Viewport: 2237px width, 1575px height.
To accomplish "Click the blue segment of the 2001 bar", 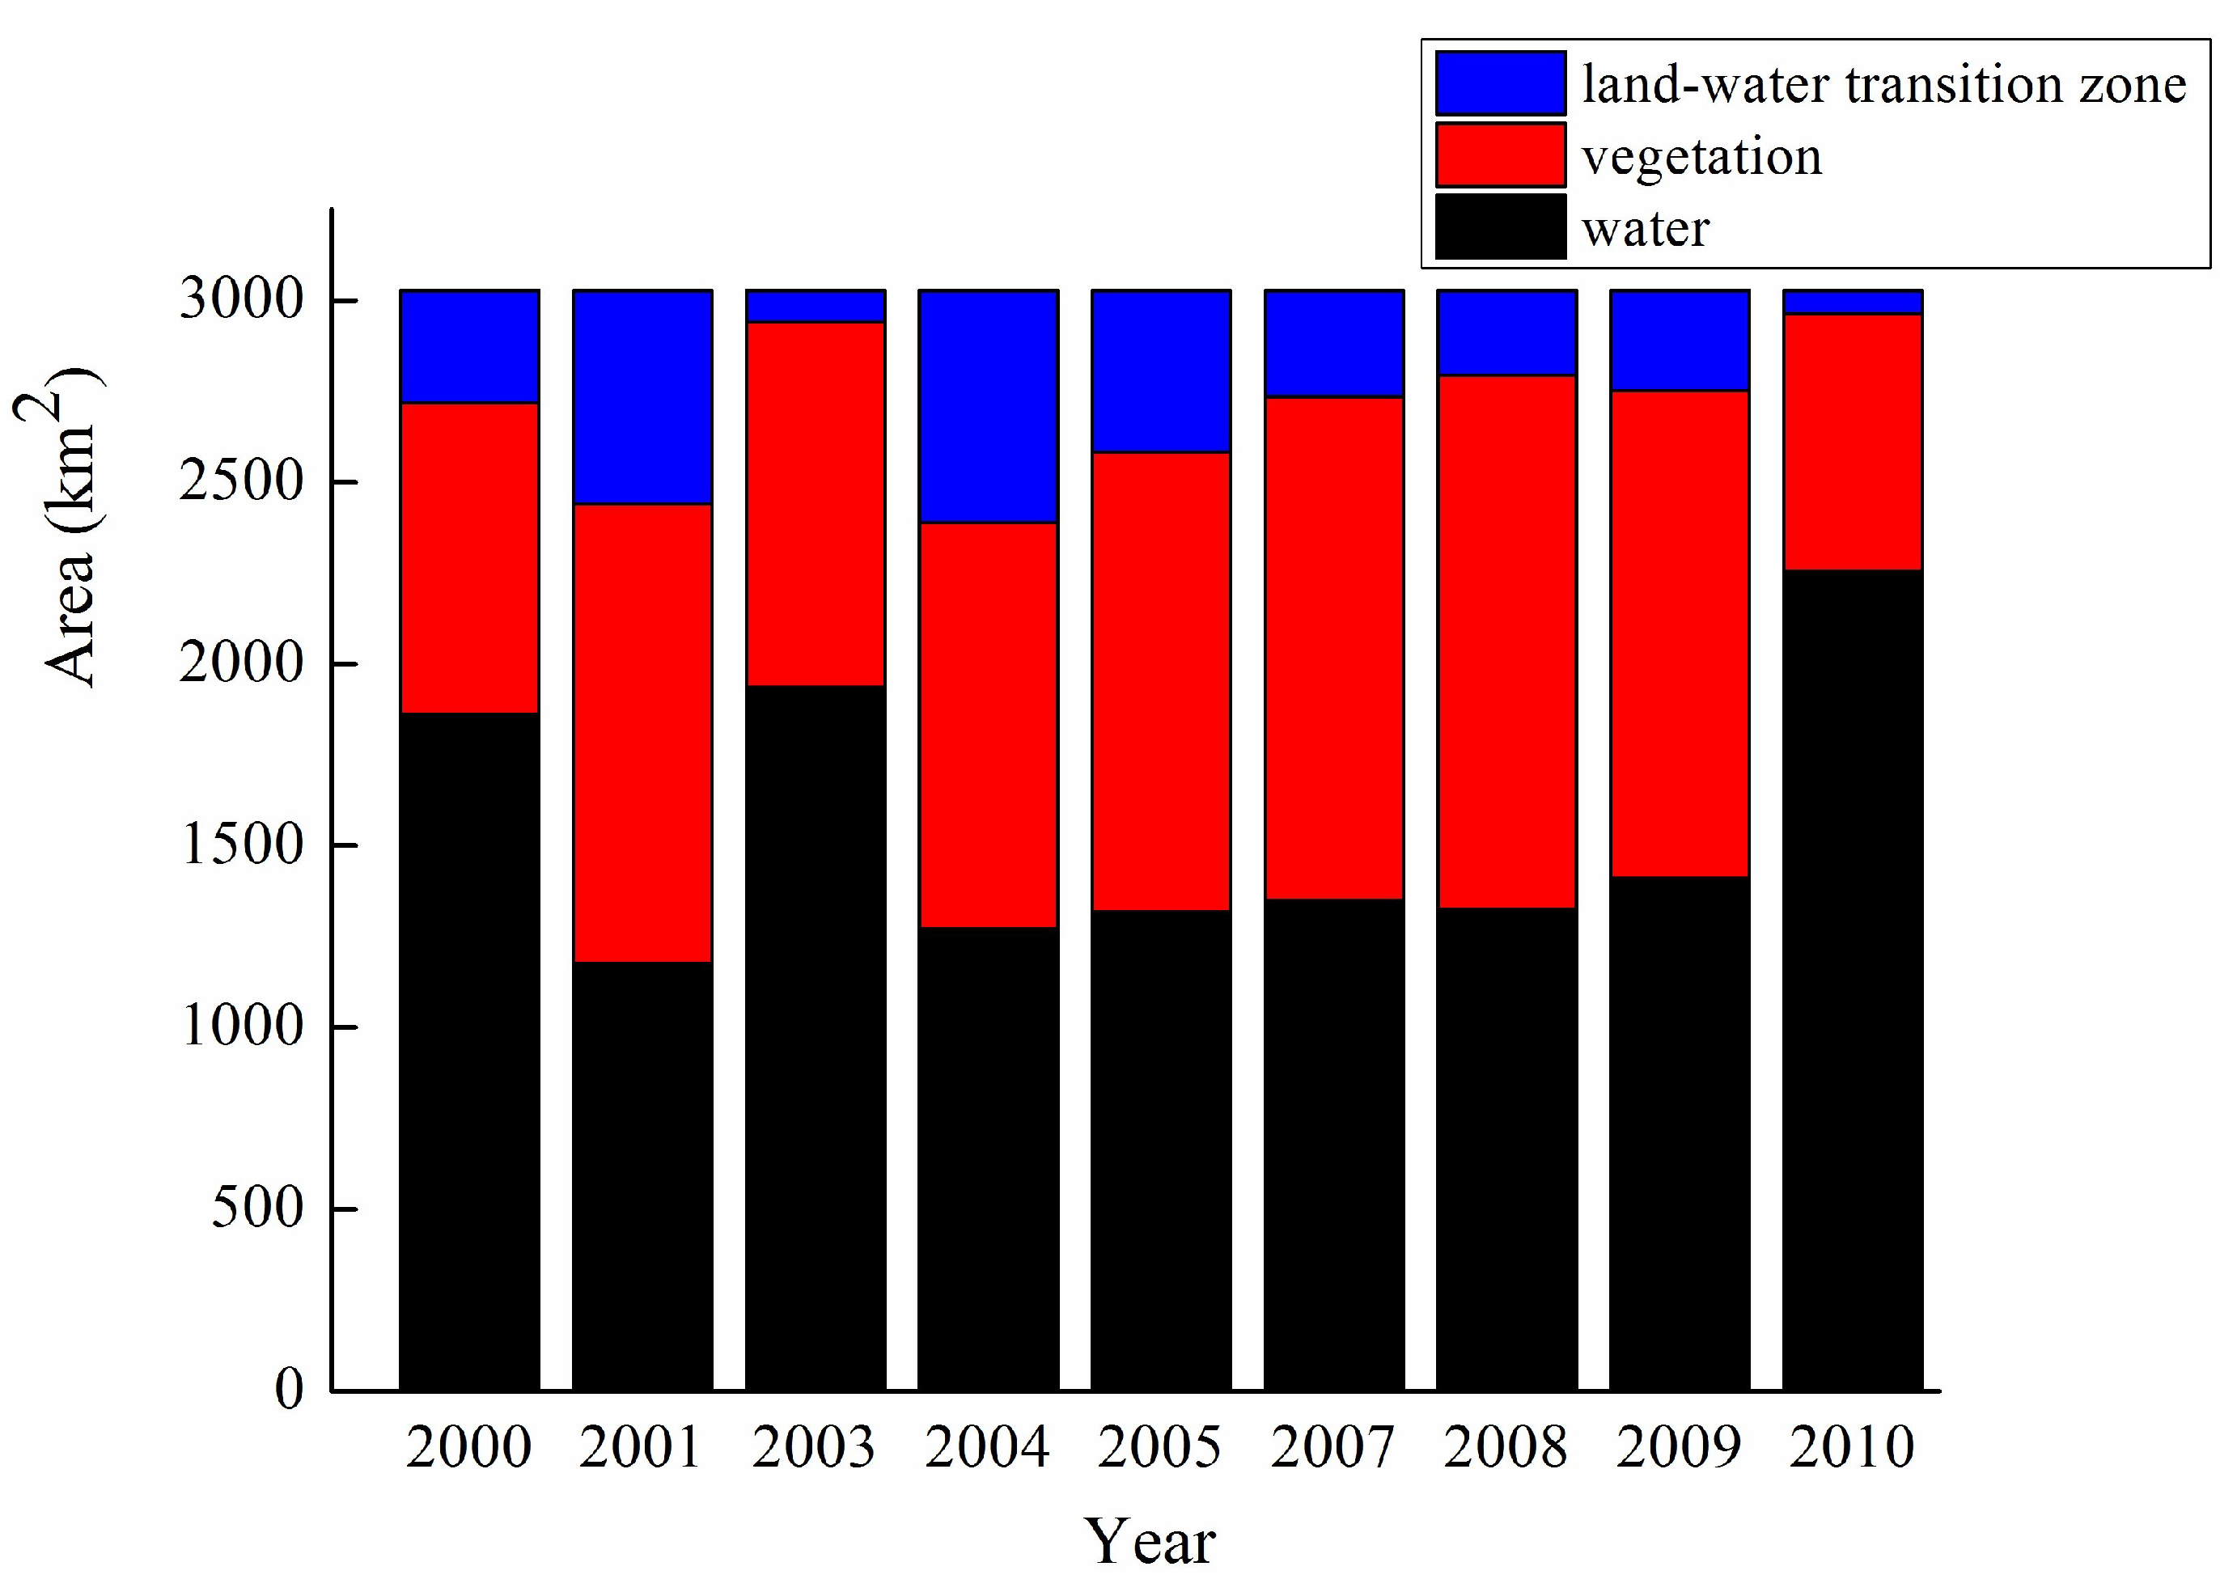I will [642, 396].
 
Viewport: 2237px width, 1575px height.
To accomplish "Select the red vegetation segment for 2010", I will [1852, 441].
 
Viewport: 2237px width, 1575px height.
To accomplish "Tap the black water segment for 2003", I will [816, 1037].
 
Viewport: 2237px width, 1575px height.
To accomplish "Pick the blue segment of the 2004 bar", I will [988, 406].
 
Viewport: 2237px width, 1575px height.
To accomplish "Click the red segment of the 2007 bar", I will [1334, 648].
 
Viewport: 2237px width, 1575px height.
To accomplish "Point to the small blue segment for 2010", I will [1852, 302].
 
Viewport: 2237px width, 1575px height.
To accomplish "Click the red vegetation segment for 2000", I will [469, 557].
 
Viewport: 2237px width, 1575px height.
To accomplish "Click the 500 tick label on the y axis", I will [257, 1208].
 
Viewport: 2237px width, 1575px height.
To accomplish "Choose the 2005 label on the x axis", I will [1159, 1447].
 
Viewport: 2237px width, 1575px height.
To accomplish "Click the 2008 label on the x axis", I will [1506, 1447].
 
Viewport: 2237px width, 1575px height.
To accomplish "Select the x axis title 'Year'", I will [1150, 1542].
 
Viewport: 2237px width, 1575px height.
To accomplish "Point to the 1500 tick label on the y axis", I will [242, 845].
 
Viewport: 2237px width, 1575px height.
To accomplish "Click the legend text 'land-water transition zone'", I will [1884, 85].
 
